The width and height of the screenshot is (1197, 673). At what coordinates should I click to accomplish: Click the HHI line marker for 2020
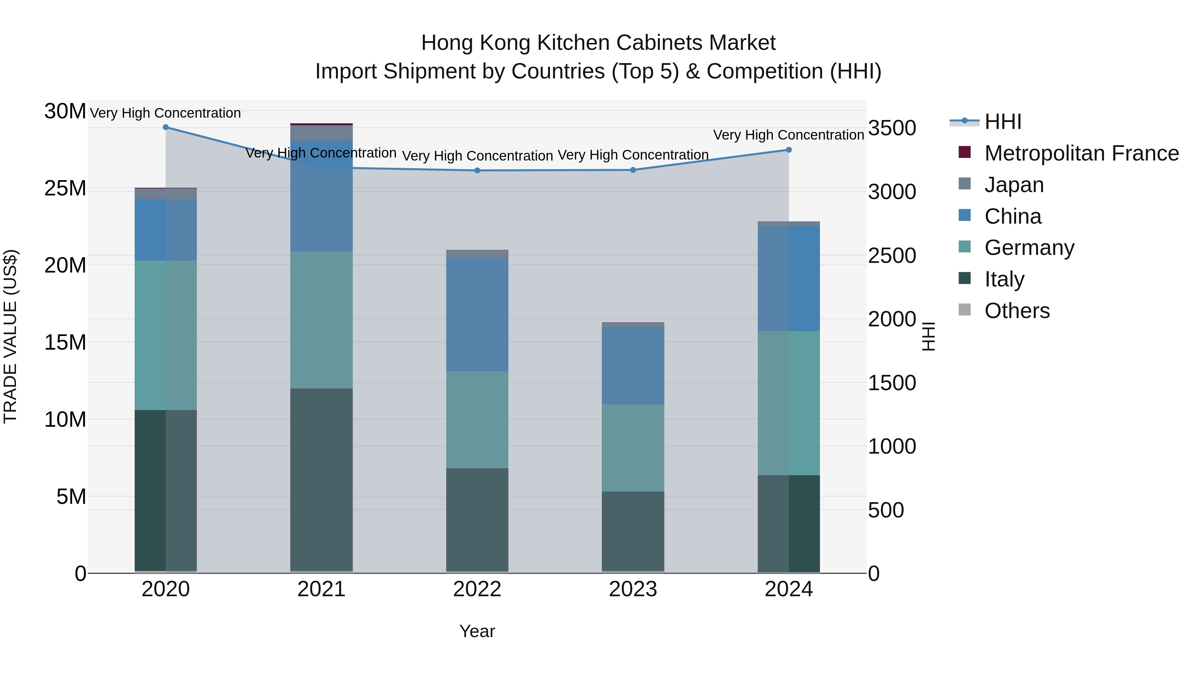(166, 127)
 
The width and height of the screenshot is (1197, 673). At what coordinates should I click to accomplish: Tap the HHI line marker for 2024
(789, 150)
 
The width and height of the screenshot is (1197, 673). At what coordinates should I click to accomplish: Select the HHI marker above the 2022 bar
(477, 170)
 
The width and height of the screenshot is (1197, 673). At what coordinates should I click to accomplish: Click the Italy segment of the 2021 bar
(321, 478)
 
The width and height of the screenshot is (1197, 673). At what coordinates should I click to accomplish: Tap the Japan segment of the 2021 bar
(321, 133)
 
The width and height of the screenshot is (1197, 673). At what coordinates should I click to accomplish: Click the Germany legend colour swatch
(965, 247)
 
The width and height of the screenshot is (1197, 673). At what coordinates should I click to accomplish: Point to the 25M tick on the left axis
(65, 188)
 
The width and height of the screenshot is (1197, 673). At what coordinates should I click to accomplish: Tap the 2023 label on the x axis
(633, 589)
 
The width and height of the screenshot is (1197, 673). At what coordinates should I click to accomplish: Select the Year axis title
(477, 631)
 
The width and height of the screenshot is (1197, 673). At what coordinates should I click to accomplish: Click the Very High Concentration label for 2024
(789, 135)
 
